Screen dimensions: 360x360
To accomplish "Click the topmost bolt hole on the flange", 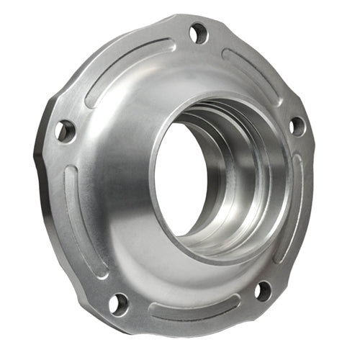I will coord(199,32).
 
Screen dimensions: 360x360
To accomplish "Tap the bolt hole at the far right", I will coord(296,125).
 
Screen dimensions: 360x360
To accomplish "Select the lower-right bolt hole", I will coord(264,291).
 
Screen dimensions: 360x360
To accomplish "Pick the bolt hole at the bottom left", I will coord(119,303).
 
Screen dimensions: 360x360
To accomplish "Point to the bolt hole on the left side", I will coord(66,130).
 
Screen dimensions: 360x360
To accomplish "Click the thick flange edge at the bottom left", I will coord(79,288).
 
